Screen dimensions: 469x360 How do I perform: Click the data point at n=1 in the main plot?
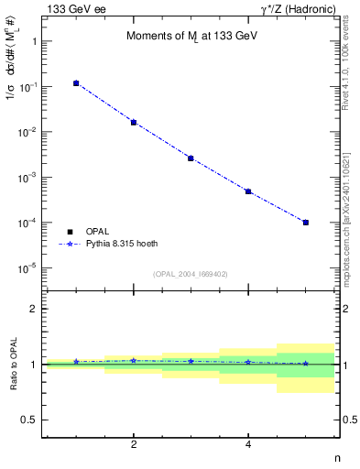[76, 83]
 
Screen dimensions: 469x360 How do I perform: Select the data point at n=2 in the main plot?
[134, 122]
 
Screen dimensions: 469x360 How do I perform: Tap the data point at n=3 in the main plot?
[191, 158]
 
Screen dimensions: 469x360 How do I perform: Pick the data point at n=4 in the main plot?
[248, 191]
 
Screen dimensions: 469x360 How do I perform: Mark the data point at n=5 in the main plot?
[306, 223]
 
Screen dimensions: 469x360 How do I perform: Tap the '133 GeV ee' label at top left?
[74, 8]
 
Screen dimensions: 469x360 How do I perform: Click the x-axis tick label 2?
[134, 445]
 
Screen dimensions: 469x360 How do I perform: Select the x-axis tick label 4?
[248, 445]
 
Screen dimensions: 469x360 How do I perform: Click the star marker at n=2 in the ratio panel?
[134, 360]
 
